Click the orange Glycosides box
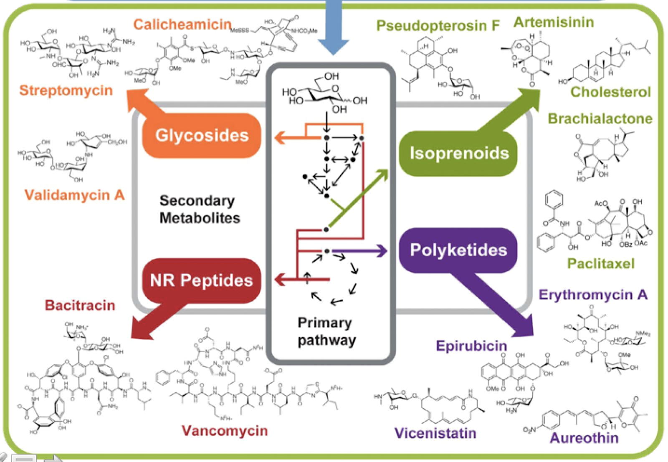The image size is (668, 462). (x=202, y=135)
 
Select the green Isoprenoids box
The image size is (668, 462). (x=459, y=153)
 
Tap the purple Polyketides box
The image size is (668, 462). (x=458, y=250)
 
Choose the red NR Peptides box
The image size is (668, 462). (x=201, y=280)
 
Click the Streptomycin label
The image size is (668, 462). (x=66, y=90)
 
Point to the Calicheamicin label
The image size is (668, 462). (x=182, y=24)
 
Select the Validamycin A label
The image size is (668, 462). (x=74, y=195)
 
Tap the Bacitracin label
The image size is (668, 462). (x=80, y=305)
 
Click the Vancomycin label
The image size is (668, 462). (x=225, y=431)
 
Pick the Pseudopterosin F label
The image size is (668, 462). (x=438, y=25)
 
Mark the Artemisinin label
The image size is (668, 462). (x=554, y=22)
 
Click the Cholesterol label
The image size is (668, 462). (x=610, y=92)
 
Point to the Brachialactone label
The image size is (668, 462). (x=600, y=119)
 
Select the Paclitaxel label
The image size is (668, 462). (x=601, y=263)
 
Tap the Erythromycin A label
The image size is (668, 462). (x=593, y=295)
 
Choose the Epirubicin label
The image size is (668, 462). (x=471, y=346)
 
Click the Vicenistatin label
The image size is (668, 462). (x=435, y=433)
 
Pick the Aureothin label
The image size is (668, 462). (x=584, y=438)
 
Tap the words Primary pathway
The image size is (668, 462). (x=326, y=331)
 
